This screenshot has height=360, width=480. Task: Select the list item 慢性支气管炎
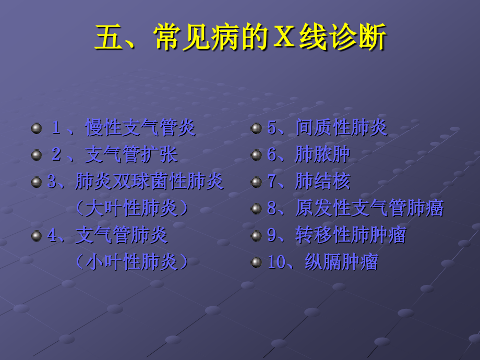point(140,128)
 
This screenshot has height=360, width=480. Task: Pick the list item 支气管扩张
point(131,154)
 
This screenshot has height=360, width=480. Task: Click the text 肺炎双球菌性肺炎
point(149,182)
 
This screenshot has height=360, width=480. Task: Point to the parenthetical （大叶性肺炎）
point(131,208)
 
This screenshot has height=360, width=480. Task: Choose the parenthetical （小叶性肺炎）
point(131,262)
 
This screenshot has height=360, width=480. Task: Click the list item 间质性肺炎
point(341,128)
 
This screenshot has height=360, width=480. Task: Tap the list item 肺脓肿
point(322,154)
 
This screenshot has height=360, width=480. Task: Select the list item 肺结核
point(322,182)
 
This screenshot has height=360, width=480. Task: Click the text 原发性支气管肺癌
point(369,208)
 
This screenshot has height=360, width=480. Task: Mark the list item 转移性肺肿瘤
point(351,235)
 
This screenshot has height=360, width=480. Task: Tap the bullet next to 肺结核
point(256,182)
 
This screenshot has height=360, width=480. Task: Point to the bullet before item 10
point(256,262)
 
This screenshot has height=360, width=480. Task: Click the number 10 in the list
point(277,262)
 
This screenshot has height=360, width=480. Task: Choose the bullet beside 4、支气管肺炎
point(37,236)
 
